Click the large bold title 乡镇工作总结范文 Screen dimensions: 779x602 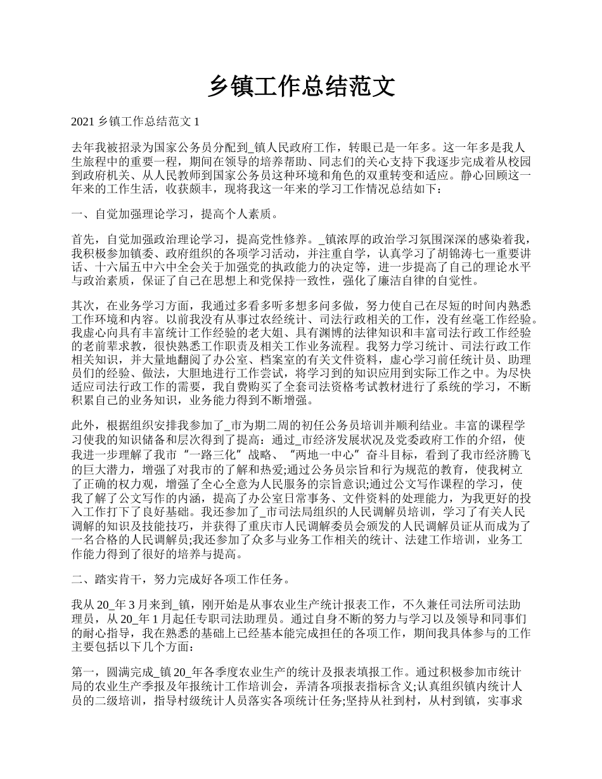pos(301,87)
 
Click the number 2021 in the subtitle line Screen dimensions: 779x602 pos(84,121)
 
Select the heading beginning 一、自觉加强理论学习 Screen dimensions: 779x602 pos(174,213)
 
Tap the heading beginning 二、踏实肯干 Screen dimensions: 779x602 pos(181,579)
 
